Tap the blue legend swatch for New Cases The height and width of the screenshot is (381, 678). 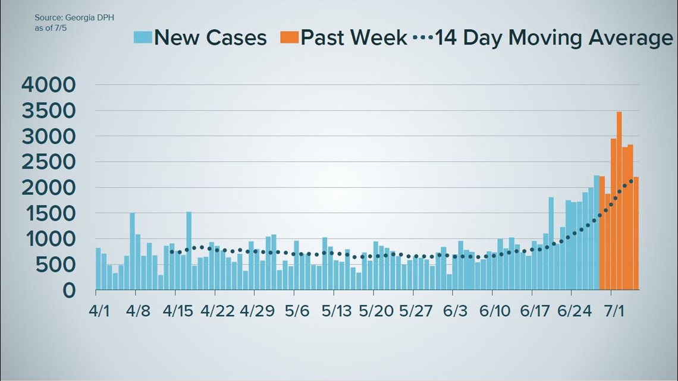pyautogui.click(x=143, y=37)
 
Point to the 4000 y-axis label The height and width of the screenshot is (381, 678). pyautogui.click(x=49, y=85)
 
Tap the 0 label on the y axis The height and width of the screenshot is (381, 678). pyautogui.click(x=70, y=291)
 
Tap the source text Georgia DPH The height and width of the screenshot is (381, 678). pyautogui.click(x=74, y=18)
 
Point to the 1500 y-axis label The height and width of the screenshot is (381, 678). pyautogui.click(x=49, y=213)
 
